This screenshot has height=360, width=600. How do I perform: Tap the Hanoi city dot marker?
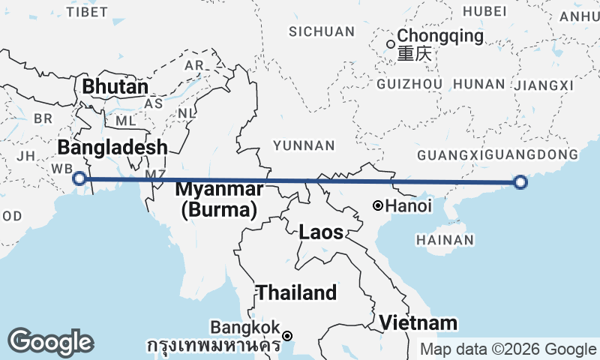tap(379, 205)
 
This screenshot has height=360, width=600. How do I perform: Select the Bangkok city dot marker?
tap(287, 335)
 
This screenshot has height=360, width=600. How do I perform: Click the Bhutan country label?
tap(115, 87)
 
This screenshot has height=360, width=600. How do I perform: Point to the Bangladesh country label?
tap(112, 147)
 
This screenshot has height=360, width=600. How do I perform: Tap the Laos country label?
tap(321, 232)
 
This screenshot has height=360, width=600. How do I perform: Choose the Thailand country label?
tap(297, 292)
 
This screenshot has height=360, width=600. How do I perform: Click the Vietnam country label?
tap(418, 322)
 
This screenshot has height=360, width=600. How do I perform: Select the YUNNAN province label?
tap(304, 145)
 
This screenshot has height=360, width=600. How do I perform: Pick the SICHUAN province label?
tap(322, 31)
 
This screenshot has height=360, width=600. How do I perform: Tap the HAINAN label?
tap(445, 240)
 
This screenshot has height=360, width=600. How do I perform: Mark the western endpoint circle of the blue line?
tap(79, 178)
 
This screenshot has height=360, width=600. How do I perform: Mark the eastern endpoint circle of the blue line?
tap(520, 181)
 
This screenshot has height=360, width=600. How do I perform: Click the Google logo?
tap(50, 342)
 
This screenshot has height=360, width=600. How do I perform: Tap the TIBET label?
tap(82, 12)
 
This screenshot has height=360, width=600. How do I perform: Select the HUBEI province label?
tap(480, 10)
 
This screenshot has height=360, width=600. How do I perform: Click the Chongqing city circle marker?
tap(390, 43)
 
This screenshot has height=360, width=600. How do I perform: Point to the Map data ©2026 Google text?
tap(508, 349)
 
